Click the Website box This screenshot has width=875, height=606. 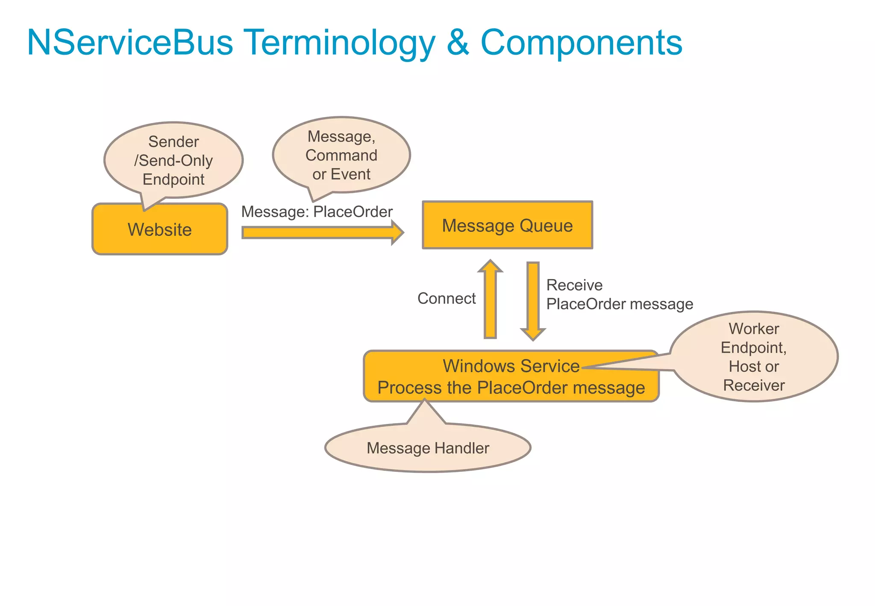click(159, 229)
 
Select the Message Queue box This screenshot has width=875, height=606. click(507, 225)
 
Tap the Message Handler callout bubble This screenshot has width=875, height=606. click(428, 448)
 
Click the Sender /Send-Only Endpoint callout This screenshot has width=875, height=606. click(173, 160)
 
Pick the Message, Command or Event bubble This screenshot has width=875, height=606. click(341, 155)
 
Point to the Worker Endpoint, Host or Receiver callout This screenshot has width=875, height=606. click(754, 357)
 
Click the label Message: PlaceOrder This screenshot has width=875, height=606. click(317, 212)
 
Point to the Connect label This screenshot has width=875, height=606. click(446, 298)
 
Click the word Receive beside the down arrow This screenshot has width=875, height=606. click(574, 285)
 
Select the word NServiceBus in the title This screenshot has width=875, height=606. click(130, 43)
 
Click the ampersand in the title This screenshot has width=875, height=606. click(458, 43)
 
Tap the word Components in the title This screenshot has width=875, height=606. click(581, 43)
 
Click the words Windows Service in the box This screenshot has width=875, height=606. click(511, 366)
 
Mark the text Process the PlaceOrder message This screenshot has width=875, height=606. click(511, 388)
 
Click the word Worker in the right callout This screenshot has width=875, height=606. click(754, 329)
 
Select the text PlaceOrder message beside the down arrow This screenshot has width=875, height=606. click(620, 304)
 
